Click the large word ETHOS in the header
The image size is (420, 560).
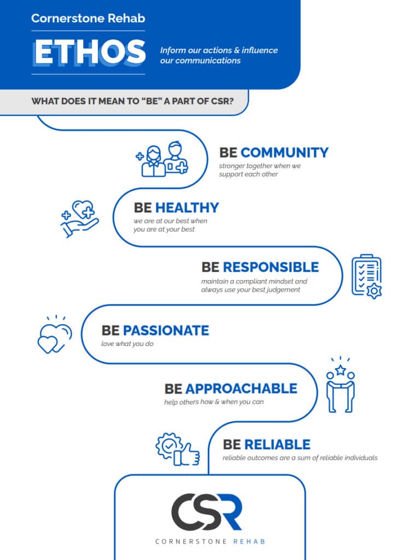[x=89, y=53]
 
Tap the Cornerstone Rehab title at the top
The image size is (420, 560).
[x=88, y=18]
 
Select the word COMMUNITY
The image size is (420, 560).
[x=284, y=152]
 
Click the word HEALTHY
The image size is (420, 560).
[x=186, y=208]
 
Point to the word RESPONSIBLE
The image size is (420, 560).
[x=270, y=267]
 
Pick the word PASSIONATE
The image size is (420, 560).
[x=166, y=331]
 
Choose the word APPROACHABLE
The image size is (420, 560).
[x=241, y=389]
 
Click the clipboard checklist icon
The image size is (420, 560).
[x=366, y=276]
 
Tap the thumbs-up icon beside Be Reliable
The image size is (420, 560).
[x=178, y=449]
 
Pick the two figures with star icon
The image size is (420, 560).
[x=340, y=384]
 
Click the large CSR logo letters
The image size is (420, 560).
[x=206, y=511]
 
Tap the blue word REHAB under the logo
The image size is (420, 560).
[x=249, y=541]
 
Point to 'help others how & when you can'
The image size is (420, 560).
[x=214, y=402]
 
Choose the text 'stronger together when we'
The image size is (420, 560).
[x=260, y=166]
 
